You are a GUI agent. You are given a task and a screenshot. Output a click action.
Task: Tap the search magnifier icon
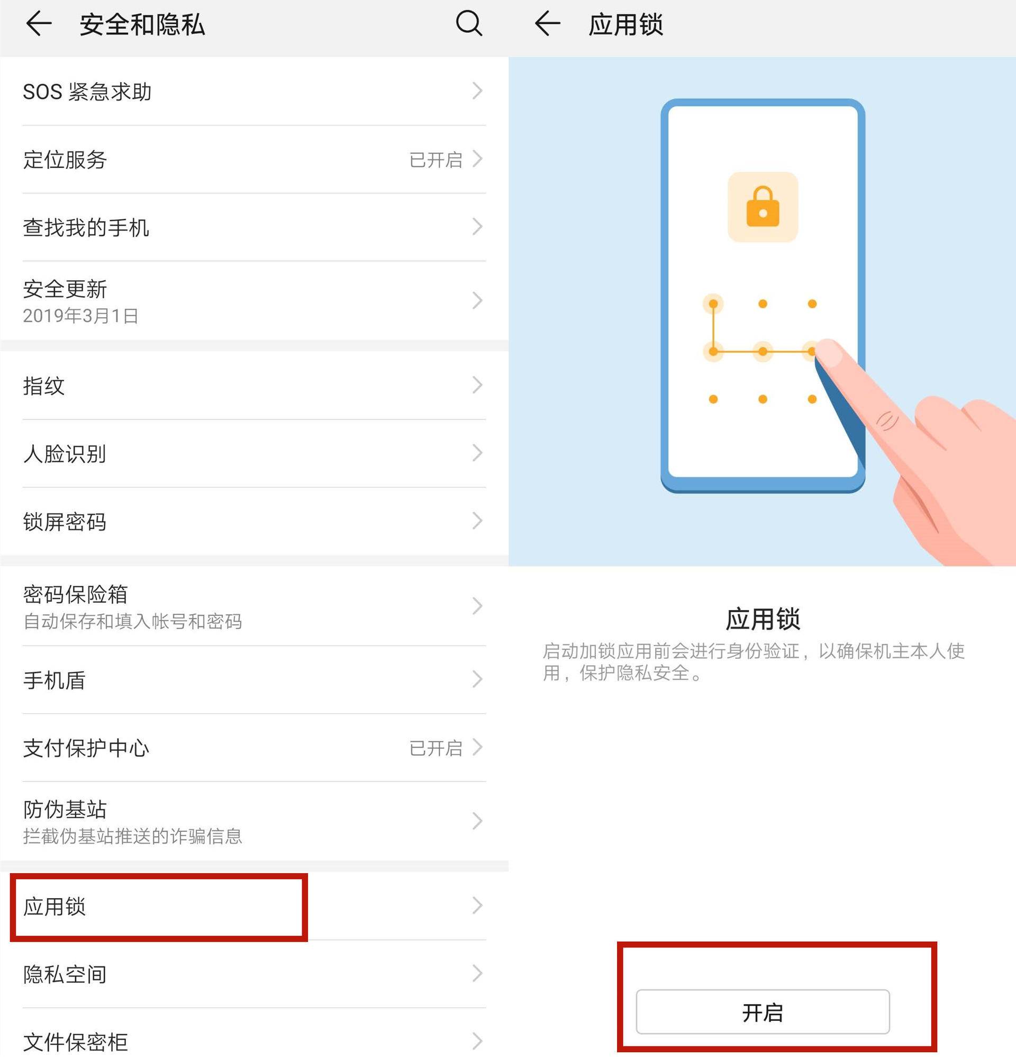[x=468, y=24]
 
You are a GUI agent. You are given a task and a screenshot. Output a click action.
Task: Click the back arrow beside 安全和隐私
[x=39, y=24]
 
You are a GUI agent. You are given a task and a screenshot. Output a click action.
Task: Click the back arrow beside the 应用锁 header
[x=548, y=24]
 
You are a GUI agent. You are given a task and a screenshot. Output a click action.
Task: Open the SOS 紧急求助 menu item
[x=87, y=92]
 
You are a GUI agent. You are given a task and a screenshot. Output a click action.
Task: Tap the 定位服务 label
[x=65, y=159]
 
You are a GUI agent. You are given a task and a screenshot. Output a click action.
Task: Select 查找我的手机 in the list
[x=86, y=228]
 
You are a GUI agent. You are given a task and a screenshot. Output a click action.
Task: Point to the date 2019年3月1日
[x=80, y=316]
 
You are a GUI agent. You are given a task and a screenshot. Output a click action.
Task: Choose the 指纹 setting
[x=44, y=386]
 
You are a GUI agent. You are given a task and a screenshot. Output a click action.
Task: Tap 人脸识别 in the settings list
[x=65, y=454]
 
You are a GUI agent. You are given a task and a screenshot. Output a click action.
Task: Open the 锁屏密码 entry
[x=65, y=522]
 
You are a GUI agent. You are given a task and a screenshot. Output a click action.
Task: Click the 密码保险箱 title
[x=76, y=594]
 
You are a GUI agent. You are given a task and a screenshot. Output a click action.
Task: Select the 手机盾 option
[x=54, y=680]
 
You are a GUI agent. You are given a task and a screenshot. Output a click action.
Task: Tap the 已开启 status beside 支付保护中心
[x=436, y=748]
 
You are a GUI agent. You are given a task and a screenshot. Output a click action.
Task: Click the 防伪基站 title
[x=65, y=810]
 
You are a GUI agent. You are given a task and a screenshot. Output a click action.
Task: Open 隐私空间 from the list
[x=65, y=974]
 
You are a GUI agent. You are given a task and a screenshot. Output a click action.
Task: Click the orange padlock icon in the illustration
[x=763, y=207]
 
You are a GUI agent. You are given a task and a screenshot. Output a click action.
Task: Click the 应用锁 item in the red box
[x=55, y=907]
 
